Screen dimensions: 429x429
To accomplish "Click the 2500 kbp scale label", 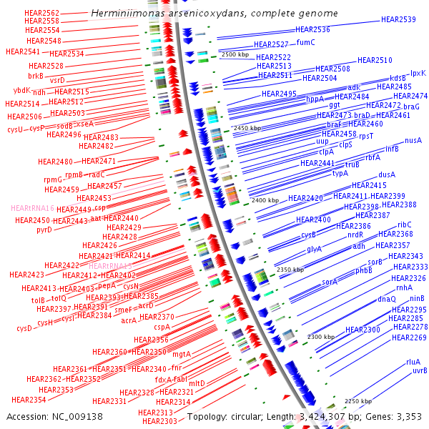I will click(x=235, y=54).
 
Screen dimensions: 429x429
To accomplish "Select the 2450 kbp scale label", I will click(x=247, y=128).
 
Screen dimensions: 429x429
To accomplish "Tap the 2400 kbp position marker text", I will click(x=265, y=201).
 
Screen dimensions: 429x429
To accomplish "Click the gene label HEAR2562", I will click(x=41, y=13).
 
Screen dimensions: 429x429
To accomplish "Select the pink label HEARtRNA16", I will click(x=33, y=208).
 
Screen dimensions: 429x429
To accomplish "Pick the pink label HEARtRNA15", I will click(x=110, y=265).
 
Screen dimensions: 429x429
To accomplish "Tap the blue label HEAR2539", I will click(x=398, y=20).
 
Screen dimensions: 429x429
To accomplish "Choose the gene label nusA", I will click(x=413, y=141).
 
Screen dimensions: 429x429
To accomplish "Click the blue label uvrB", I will click(x=420, y=370).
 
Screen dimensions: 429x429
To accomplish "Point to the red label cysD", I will click(x=24, y=328).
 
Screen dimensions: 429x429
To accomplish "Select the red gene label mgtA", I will click(x=182, y=354).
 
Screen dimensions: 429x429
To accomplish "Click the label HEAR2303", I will click(x=159, y=421).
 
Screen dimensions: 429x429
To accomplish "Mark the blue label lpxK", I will click(x=418, y=73).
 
